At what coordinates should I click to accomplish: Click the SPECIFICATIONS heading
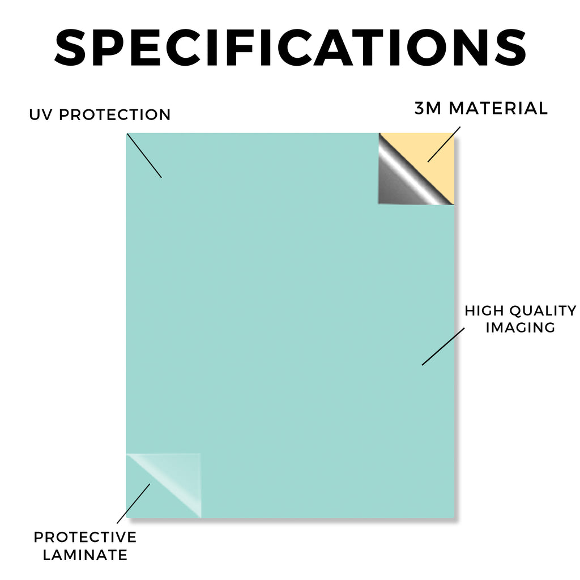pyautogui.click(x=291, y=48)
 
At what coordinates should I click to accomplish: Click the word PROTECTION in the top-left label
pyautogui.click(x=114, y=114)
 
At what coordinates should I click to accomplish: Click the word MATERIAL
pyautogui.click(x=498, y=108)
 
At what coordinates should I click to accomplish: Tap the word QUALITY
pyautogui.click(x=543, y=311)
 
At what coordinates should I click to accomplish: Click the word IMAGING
pyautogui.click(x=521, y=327)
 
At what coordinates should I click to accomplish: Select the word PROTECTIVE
pyautogui.click(x=85, y=537)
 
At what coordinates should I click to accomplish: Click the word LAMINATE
pyautogui.click(x=85, y=555)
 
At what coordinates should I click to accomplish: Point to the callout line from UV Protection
pyautogui.click(x=144, y=156)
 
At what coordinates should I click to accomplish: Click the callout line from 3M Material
pyautogui.click(x=444, y=144)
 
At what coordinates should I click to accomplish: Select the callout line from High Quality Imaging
pyautogui.click(x=443, y=347)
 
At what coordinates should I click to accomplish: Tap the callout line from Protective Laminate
pyautogui.click(x=134, y=504)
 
